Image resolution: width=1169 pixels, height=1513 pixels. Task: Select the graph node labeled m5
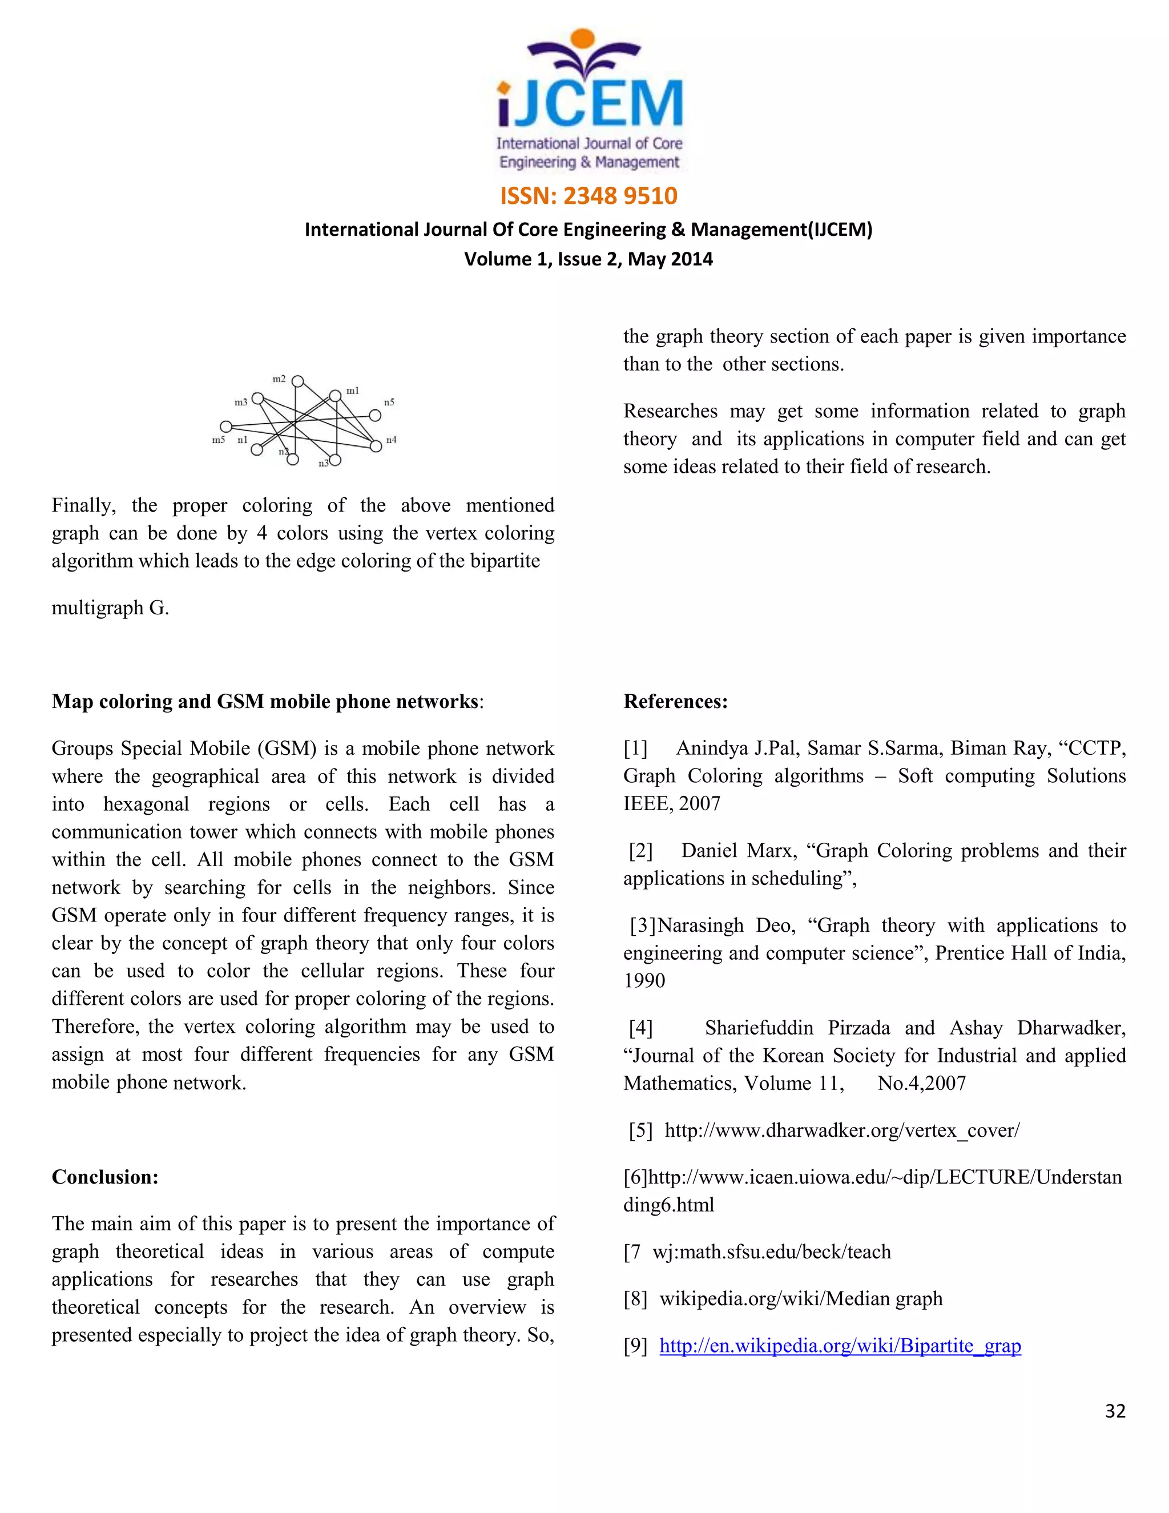click(x=226, y=426)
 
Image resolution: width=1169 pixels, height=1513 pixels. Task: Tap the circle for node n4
click(x=376, y=446)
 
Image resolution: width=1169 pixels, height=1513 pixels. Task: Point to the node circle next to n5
click(x=374, y=416)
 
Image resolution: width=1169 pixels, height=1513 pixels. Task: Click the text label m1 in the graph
click(x=353, y=391)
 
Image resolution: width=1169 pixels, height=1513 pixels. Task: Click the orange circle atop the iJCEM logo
click(x=584, y=39)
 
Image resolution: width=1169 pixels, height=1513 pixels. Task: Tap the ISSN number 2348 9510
click(x=620, y=196)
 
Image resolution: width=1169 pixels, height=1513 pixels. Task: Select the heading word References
click(x=675, y=701)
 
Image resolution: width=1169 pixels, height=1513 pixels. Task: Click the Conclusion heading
click(x=105, y=1177)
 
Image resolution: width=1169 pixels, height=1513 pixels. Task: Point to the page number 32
click(x=1115, y=1411)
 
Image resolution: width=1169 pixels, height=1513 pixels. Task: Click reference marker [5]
click(x=640, y=1130)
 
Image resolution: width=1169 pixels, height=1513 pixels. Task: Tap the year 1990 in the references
click(x=644, y=981)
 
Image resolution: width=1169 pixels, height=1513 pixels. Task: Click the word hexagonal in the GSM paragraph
click(x=146, y=804)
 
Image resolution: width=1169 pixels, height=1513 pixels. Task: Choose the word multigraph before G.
click(x=98, y=608)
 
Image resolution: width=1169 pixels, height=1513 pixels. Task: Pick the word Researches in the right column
click(x=670, y=412)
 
